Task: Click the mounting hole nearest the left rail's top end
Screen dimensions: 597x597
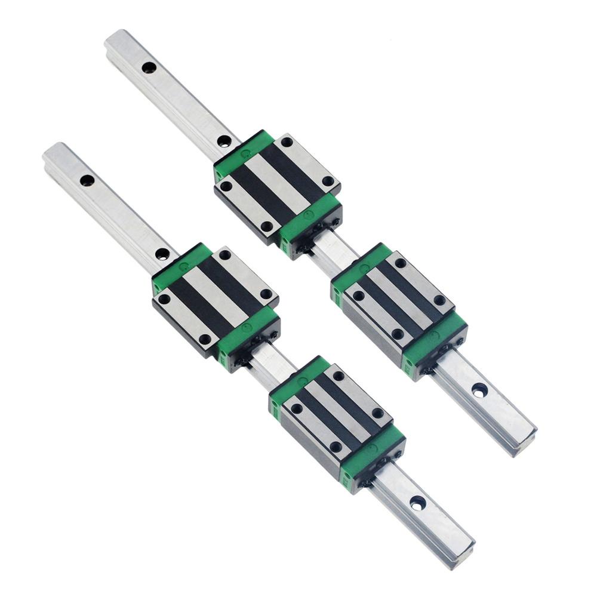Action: [87, 180]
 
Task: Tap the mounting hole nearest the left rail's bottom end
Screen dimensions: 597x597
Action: [418, 503]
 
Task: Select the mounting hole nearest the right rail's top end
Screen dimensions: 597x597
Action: [149, 67]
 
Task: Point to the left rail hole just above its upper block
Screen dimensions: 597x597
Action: [162, 254]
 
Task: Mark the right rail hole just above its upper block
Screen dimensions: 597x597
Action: [224, 141]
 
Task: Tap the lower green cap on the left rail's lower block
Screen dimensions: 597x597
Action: [373, 454]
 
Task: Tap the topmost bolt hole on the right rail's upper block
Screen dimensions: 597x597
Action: [287, 142]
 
